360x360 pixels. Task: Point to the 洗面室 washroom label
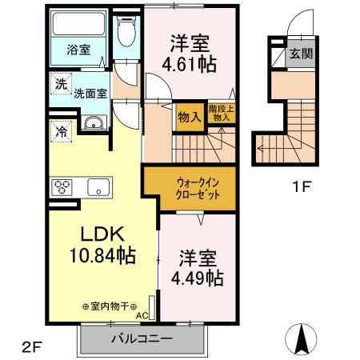[90, 93]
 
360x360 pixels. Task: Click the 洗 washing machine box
[61, 83]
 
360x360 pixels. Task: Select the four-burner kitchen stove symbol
[63, 189]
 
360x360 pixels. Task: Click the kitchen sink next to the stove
[99, 189]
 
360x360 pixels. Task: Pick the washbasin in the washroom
[94, 123]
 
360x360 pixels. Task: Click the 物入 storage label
[188, 117]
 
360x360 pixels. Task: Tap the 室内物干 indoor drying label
[109, 306]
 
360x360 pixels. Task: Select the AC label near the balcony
[142, 315]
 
